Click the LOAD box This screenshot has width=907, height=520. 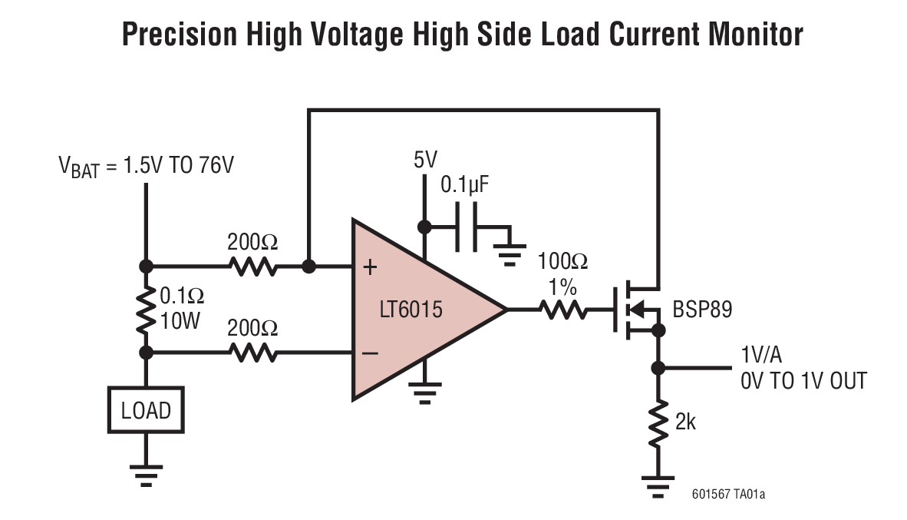(146, 411)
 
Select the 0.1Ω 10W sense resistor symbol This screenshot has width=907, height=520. (145, 310)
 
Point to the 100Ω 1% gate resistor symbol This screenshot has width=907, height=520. (565, 310)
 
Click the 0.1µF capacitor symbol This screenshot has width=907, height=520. (466, 227)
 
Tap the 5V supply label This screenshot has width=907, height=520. (424, 160)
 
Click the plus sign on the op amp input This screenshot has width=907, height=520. (371, 267)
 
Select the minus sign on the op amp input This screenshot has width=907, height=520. (371, 353)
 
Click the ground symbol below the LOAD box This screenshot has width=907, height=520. (145, 475)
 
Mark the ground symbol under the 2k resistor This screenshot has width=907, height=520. (658, 486)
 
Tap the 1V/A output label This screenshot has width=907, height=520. (762, 356)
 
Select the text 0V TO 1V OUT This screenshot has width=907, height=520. (803, 380)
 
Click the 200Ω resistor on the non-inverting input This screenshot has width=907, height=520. (252, 267)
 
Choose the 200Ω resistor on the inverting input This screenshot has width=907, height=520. (252, 353)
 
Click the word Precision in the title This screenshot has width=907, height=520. (179, 35)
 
